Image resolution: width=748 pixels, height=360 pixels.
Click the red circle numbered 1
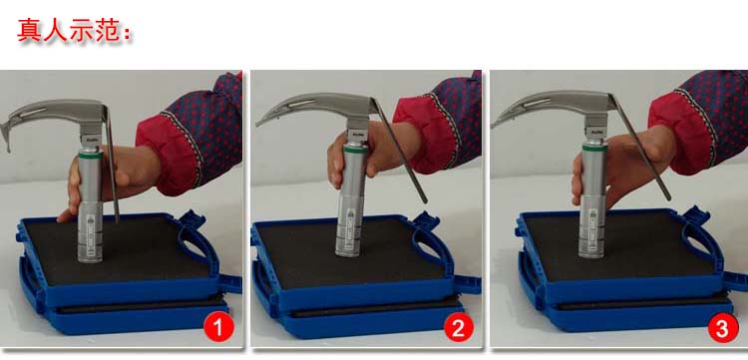pyautogui.click(x=218, y=328)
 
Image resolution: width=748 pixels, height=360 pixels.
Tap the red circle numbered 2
pyautogui.click(x=459, y=327)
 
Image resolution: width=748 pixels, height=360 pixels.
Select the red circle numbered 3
pyautogui.click(x=723, y=328)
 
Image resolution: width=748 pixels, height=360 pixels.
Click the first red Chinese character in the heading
pyautogui.click(x=29, y=30)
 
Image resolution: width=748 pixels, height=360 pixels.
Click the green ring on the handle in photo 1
pyautogui.click(x=90, y=156)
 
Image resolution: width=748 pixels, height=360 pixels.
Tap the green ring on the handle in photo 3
pyautogui.click(x=594, y=149)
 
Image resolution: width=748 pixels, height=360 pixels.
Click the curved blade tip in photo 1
pyautogui.click(x=6, y=143)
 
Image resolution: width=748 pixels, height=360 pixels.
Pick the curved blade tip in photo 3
pyautogui.click(x=495, y=124)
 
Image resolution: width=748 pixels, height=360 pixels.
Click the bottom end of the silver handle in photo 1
pyautogui.click(x=90, y=259)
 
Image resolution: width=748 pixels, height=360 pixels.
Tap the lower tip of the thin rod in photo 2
pyautogui.click(x=425, y=200)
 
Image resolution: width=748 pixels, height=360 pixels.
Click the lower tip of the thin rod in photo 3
pyautogui.click(x=668, y=197)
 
